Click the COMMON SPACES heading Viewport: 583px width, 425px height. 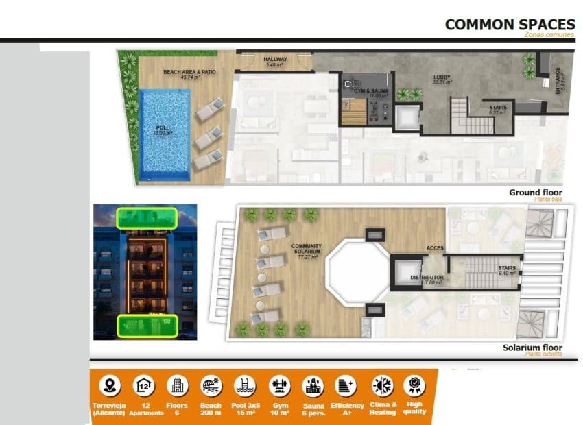tap(510, 25)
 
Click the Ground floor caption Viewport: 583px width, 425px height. tap(535, 193)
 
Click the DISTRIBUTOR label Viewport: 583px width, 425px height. tap(426, 278)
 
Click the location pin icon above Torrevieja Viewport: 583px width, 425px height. tap(110, 385)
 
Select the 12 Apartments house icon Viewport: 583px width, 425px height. tap(144, 385)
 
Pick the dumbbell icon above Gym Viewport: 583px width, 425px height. tap(279, 385)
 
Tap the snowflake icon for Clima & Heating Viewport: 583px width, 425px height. tap(381, 385)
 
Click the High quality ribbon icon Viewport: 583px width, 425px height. tap(414, 385)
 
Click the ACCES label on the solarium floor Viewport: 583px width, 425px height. tap(436, 247)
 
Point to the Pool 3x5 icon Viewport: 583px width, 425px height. tap(245, 385)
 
